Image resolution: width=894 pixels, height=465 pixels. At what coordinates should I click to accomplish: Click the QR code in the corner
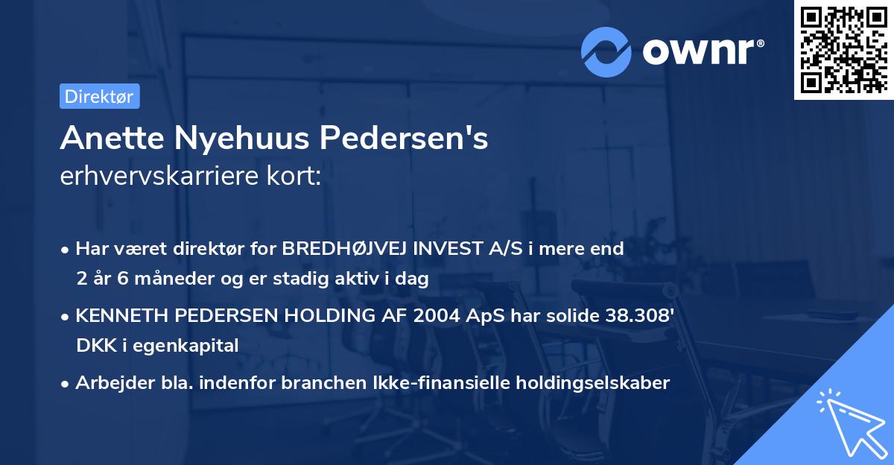pyautogui.click(x=844, y=49)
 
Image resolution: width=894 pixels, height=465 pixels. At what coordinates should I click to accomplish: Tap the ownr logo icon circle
pyautogui.click(x=606, y=51)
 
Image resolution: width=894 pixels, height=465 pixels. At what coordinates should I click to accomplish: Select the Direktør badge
pyautogui.click(x=99, y=96)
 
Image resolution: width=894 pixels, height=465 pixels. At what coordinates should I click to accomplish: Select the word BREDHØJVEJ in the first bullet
pyautogui.click(x=349, y=249)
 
